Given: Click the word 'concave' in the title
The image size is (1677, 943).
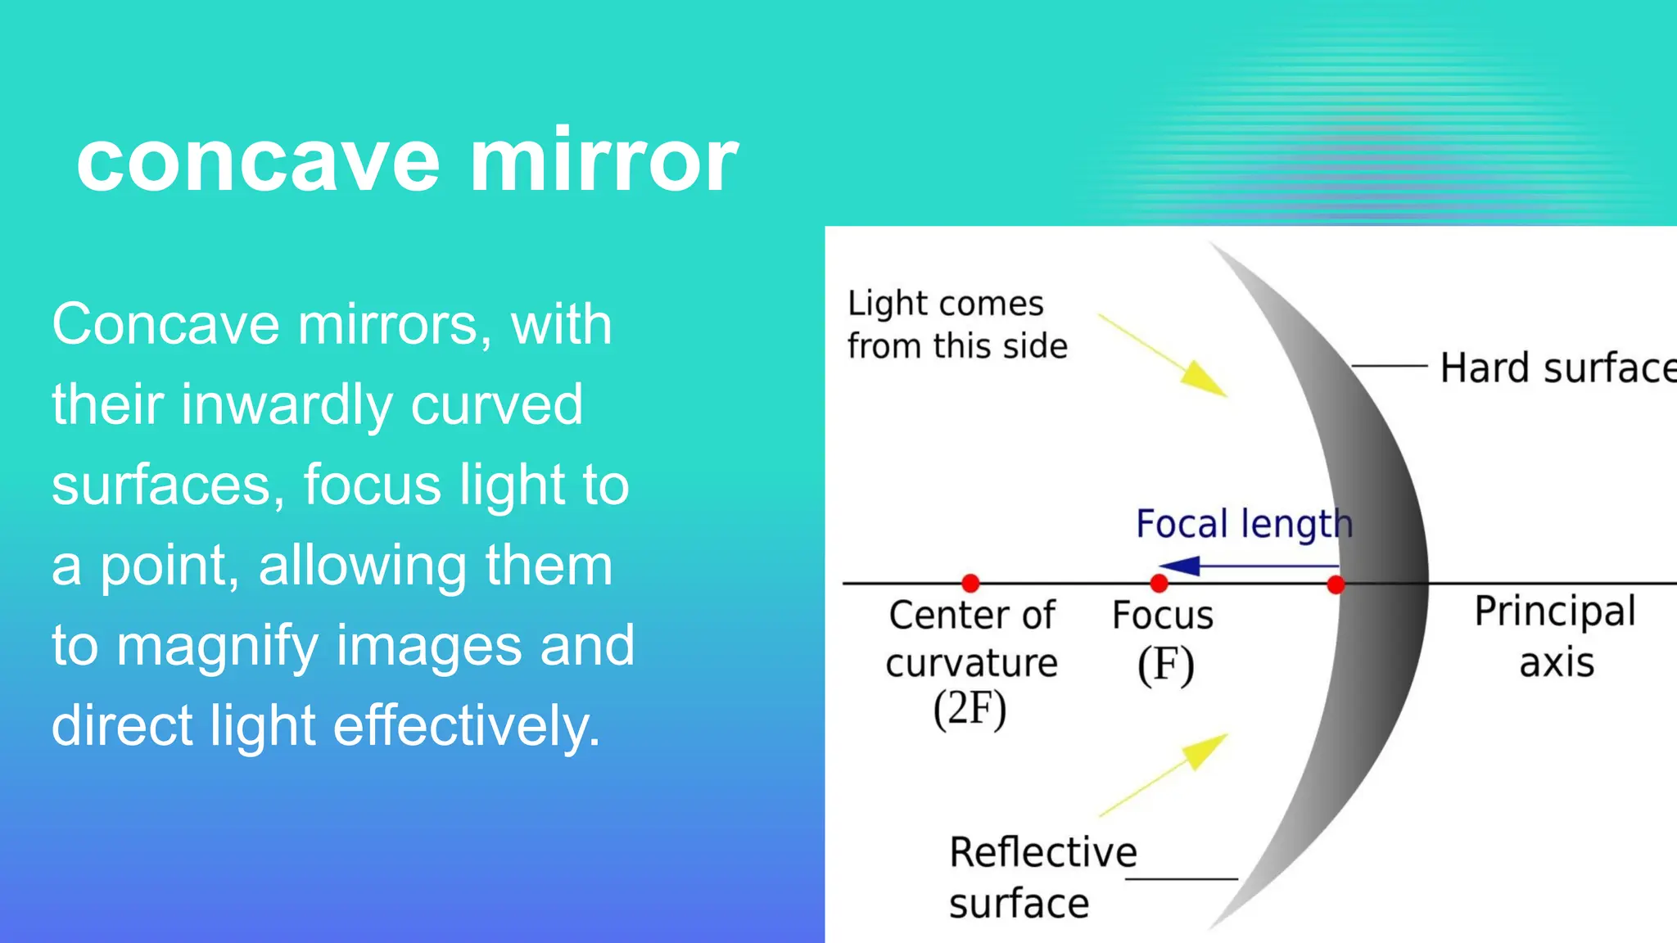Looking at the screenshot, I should (259, 161).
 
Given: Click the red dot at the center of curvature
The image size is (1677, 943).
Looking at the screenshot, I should (970, 583).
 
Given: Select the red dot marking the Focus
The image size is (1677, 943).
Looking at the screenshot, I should (1159, 583).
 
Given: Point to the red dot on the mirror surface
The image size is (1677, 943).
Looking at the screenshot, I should (1336, 584).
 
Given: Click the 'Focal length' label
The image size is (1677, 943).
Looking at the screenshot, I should (1244, 524).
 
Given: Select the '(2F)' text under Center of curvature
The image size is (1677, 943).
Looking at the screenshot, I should (970, 709).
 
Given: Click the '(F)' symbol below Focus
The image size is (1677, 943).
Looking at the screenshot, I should (1165, 665).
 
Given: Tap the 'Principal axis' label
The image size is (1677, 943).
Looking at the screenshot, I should (1555, 636).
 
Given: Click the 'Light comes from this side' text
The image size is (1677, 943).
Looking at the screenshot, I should (956, 325).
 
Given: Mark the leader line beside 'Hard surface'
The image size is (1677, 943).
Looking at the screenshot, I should (1390, 366).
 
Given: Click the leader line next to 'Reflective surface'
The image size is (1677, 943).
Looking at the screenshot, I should (1181, 879).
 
